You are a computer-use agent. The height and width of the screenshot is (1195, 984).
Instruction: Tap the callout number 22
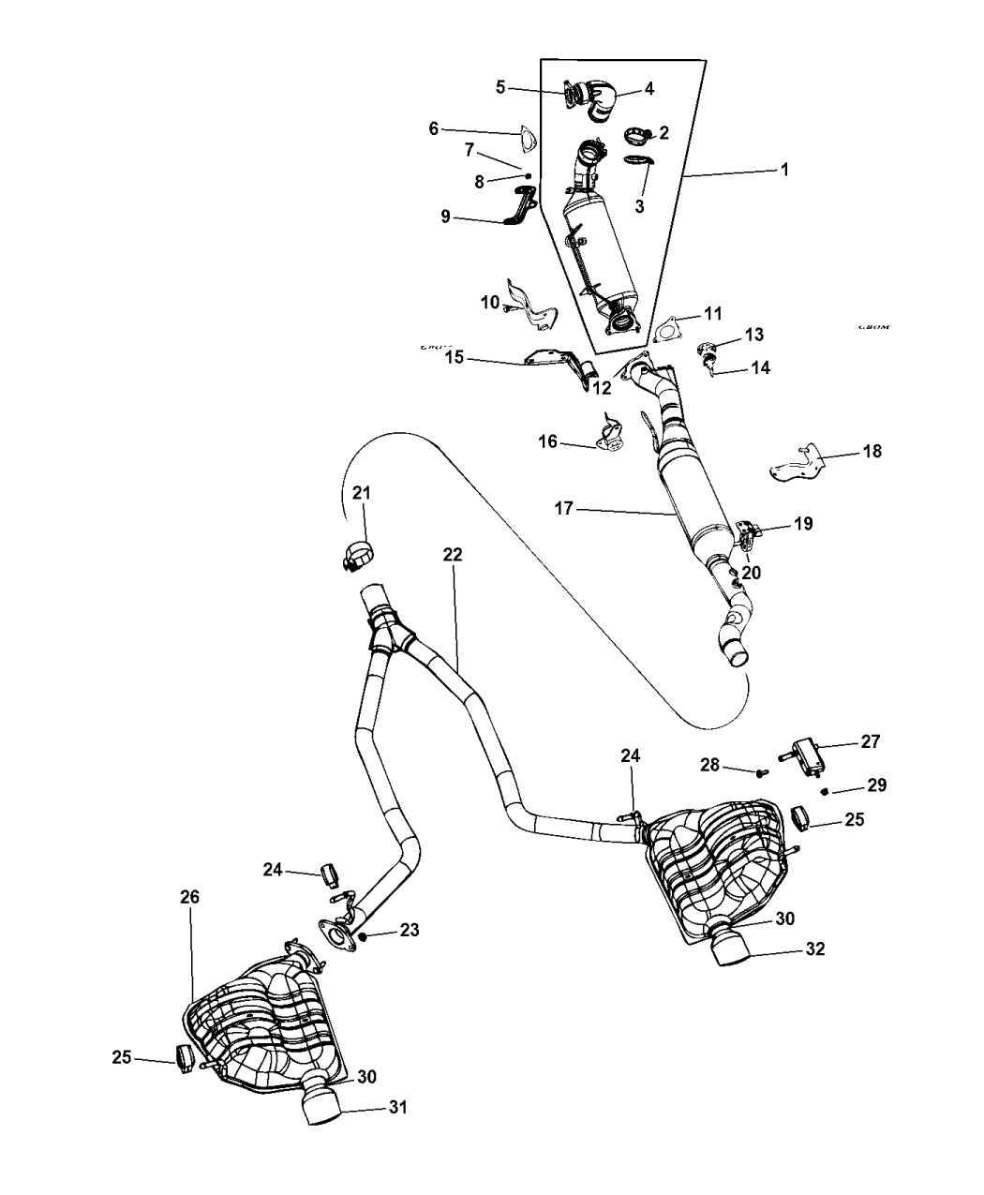(x=453, y=555)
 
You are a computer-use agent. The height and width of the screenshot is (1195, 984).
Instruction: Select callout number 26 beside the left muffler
(x=189, y=897)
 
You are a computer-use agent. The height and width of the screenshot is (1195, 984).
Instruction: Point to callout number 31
(x=397, y=1108)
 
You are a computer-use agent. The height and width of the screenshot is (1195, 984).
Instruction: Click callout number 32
(x=815, y=949)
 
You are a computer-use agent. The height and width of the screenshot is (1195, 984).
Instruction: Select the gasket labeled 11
(x=666, y=330)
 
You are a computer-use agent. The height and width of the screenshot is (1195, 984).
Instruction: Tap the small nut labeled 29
(x=824, y=791)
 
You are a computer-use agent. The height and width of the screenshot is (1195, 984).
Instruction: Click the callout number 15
(x=455, y=357)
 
